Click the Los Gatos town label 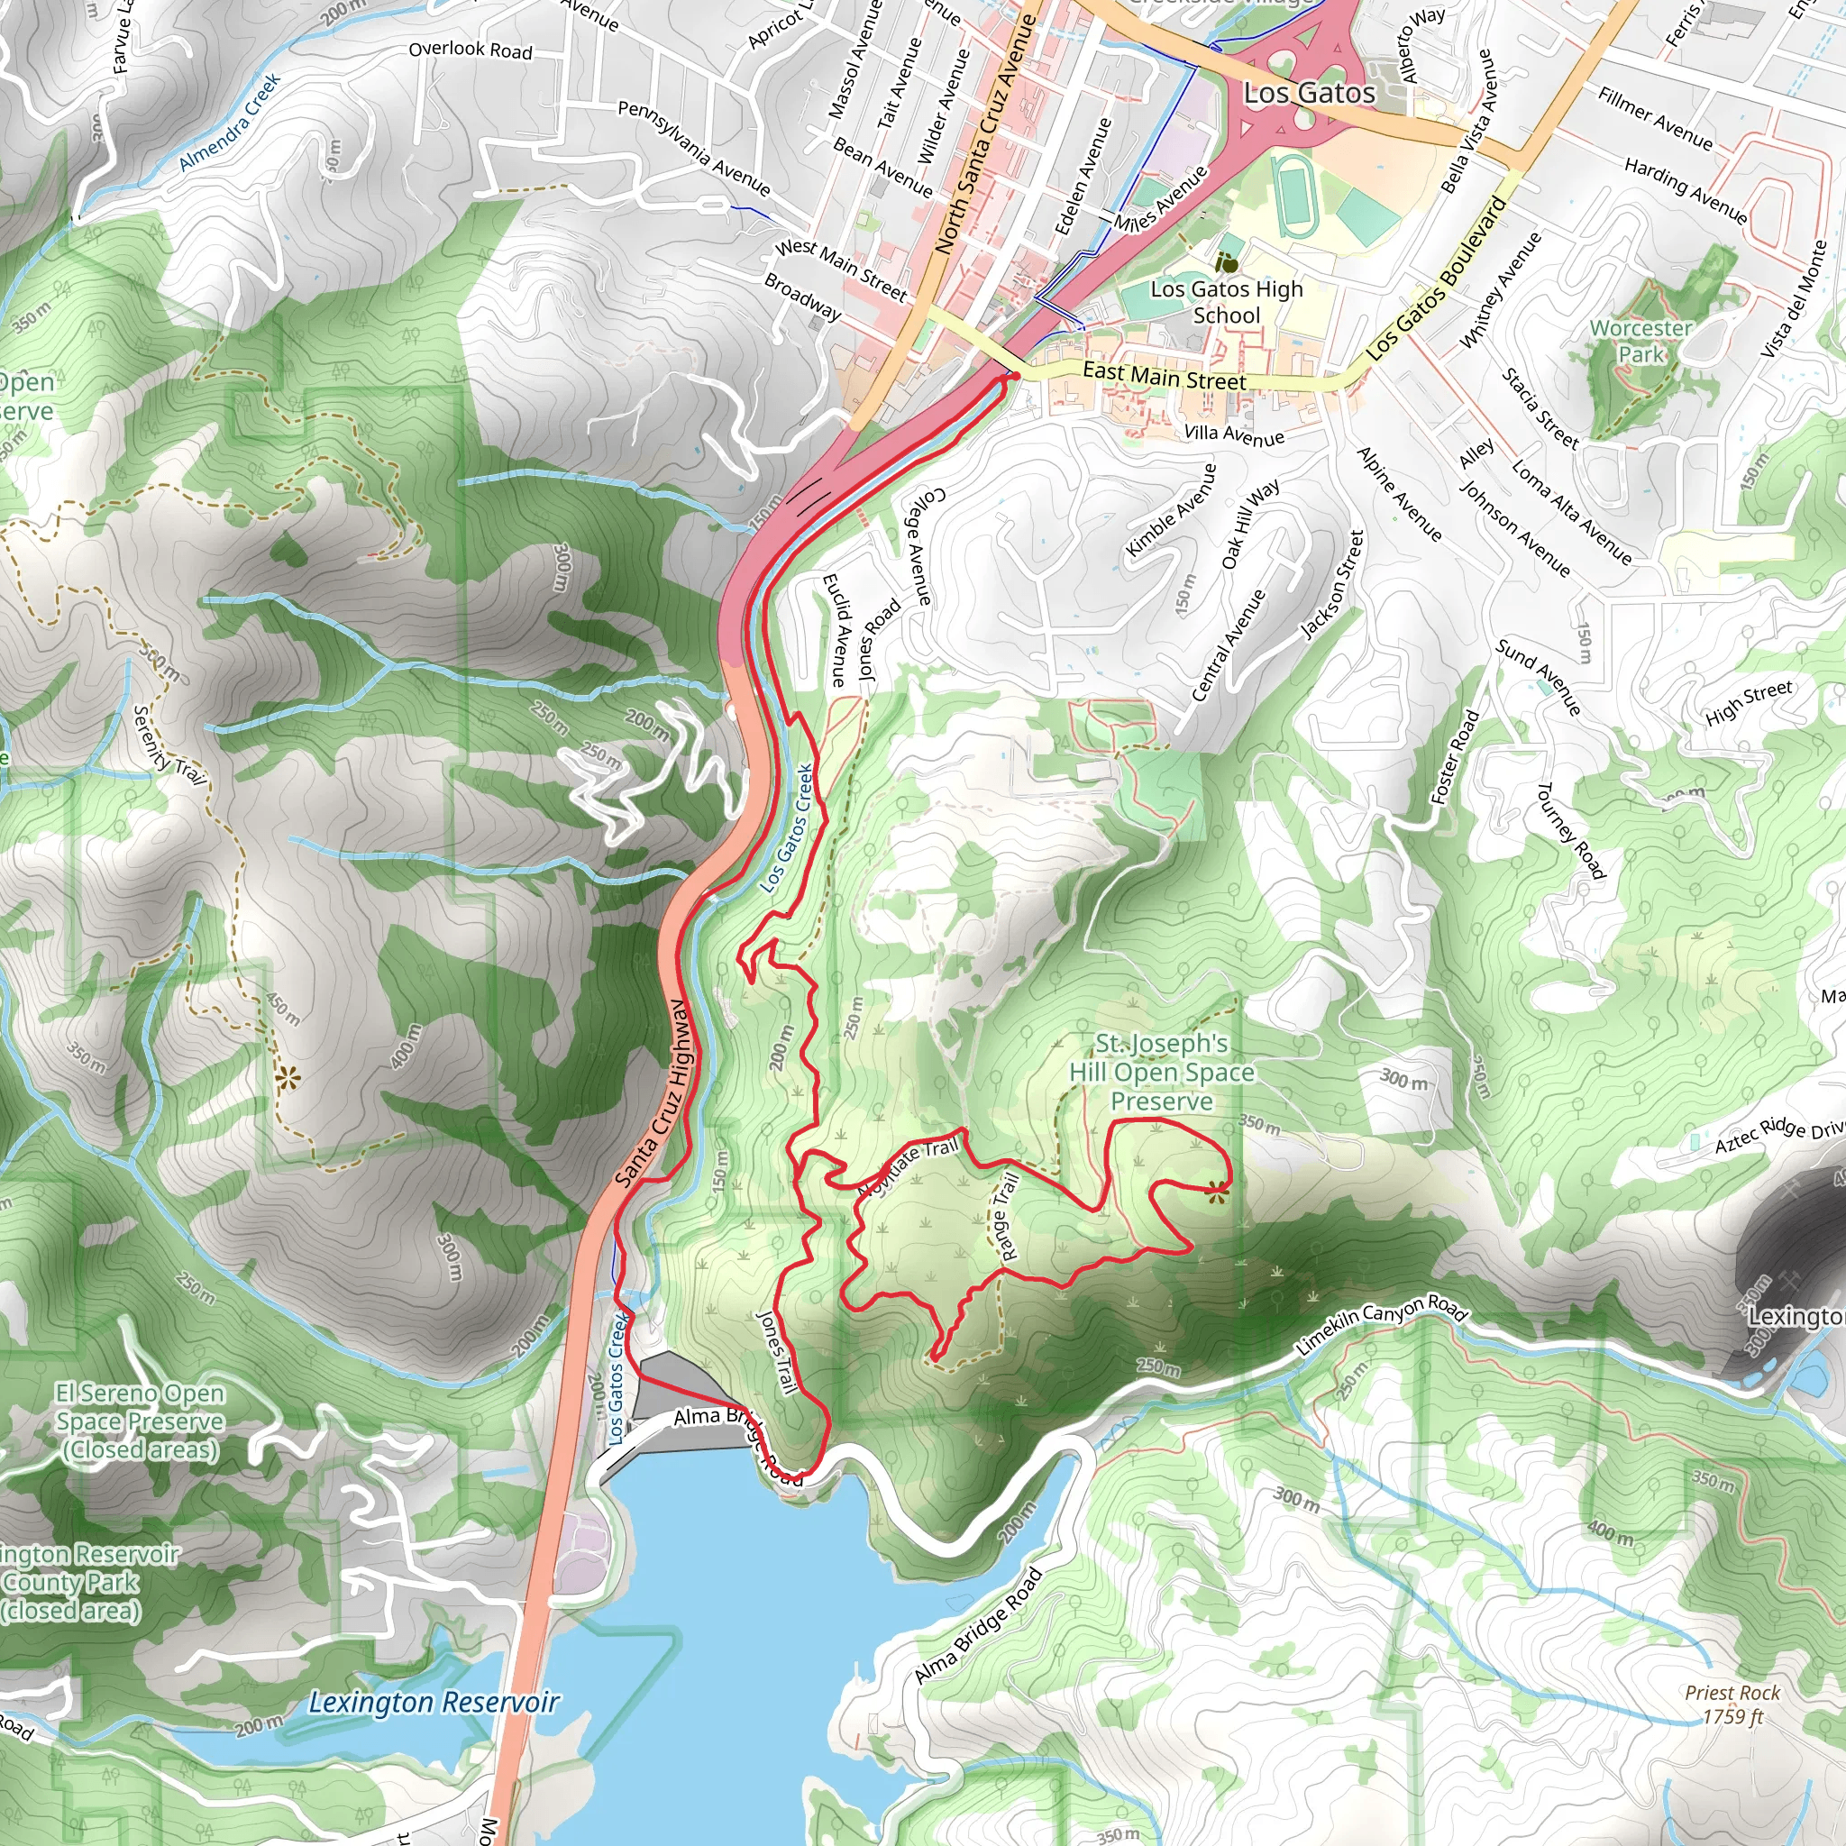pos(1309,94)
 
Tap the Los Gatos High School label pos(1227,302)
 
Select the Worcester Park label pos(1640,341)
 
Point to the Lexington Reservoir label pos(434,1703)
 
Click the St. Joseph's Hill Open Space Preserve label pos(1162,1073)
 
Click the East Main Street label pos(1164,377)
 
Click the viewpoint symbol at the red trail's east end pos(1215,1192)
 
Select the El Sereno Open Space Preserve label pos(140,1421)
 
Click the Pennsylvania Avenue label pos(694,148)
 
